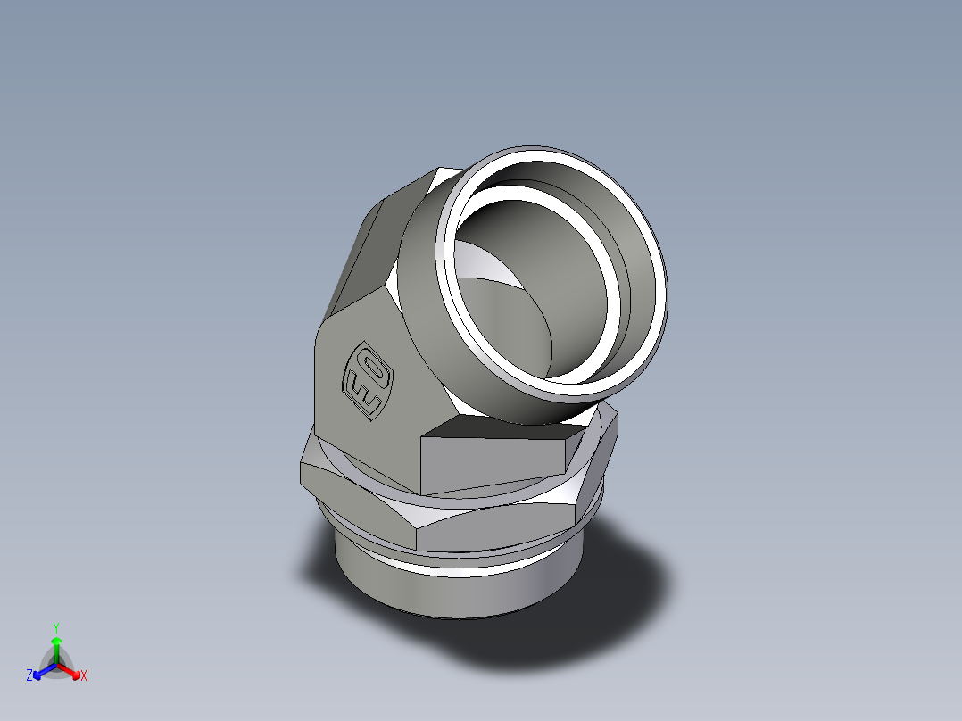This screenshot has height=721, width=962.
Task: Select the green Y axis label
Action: (55, 626)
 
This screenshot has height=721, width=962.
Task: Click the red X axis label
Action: (84, 676)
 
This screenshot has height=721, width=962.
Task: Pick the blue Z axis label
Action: (29, 676)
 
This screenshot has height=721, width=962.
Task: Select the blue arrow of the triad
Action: (40, 670)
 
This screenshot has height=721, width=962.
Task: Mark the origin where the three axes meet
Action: (56, 664)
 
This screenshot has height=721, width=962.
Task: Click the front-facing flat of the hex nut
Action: (500, 530)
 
